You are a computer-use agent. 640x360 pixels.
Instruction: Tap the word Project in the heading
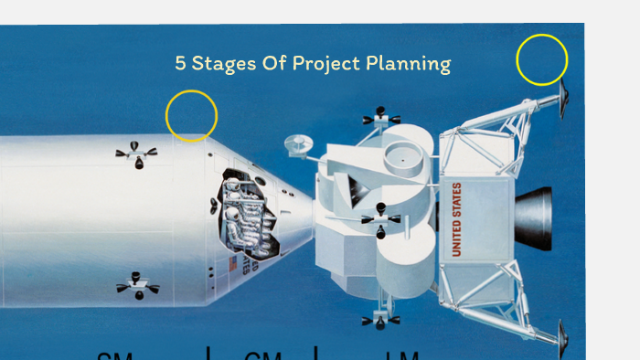323,64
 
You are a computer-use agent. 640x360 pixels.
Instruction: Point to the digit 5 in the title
181,64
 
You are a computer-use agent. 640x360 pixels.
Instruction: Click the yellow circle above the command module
191,116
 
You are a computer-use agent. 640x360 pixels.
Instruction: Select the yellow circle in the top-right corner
542,60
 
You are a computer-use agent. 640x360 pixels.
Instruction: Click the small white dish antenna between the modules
296,144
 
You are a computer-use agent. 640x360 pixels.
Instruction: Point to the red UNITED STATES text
456,218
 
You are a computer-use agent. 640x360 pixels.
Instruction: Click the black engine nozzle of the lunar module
535,218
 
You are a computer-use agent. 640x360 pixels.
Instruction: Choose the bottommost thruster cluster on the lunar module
379,320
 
